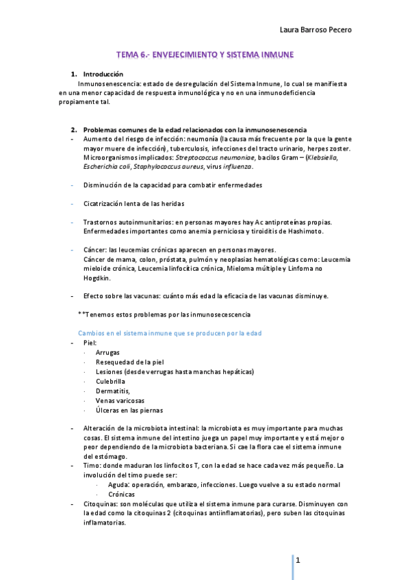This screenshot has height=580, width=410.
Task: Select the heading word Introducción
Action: click(x=103, y=73)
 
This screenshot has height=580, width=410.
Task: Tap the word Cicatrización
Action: click(x=107, y=203)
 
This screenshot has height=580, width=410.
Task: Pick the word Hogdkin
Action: click(x=97, y=278)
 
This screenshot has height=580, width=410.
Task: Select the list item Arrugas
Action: click(x=108, y=352)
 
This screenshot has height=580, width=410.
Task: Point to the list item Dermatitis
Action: click(x=113, y=391)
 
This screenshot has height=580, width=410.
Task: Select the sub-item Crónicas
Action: click(x=121, y=494)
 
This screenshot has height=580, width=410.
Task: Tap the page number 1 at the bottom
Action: click(x=298, y=559)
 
